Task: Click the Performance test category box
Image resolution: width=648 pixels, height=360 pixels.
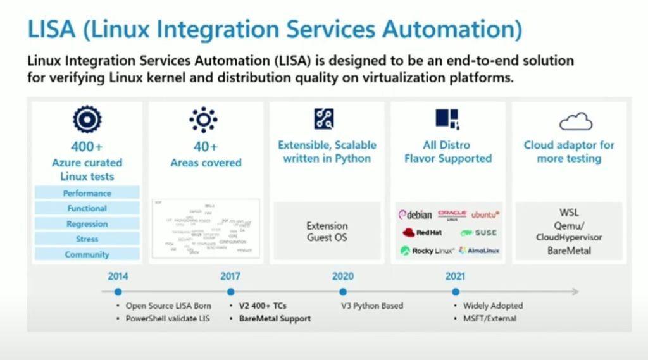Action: point(87,193)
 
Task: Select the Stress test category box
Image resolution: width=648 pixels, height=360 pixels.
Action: point(87,239)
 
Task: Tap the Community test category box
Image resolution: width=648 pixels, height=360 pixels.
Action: point(87,254)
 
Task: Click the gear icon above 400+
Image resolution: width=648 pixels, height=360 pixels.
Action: point(87,119)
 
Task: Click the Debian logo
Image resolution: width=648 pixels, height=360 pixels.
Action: point(416,215)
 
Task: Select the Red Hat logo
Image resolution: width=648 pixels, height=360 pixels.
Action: point(421,233)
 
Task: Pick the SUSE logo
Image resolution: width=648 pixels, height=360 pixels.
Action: point(479,233)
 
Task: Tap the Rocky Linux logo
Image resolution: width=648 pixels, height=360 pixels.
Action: point(427,251)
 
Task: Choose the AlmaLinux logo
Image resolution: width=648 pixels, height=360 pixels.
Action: point(479,251)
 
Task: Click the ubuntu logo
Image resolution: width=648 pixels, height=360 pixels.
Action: point(485,215)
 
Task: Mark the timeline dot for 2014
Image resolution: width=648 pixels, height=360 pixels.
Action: point(118,292)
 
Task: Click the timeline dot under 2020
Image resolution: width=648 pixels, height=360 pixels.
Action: point(343,292)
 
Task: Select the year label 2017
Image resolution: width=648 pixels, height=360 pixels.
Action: point(230,276)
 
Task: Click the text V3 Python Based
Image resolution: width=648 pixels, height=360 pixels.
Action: point(372,306)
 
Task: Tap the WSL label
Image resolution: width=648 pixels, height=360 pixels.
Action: point(569,213)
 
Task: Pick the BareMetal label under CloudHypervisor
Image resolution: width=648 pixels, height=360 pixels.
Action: point(569,251)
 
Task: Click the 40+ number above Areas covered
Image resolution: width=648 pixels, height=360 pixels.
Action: point(206,147)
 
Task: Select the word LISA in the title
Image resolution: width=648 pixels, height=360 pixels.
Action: point(54,29)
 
